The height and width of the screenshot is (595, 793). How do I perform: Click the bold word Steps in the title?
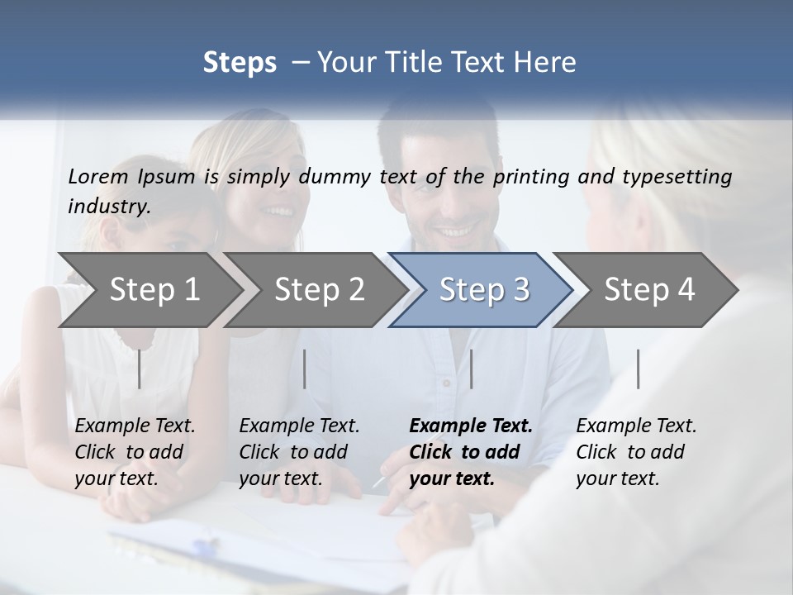240,62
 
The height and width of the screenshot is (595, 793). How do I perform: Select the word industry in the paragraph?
109,206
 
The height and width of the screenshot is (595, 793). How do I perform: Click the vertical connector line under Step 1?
139,369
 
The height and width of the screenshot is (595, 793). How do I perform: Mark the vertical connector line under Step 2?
305,369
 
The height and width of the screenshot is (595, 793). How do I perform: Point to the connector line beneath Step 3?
471,369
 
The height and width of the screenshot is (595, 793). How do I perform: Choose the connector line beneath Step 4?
638,369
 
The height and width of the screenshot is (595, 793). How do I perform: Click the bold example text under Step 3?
469,452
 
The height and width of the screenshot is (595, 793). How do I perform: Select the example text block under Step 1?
134,452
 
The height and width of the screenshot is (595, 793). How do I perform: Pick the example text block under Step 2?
298,452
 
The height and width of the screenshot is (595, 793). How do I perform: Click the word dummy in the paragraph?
345,176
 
